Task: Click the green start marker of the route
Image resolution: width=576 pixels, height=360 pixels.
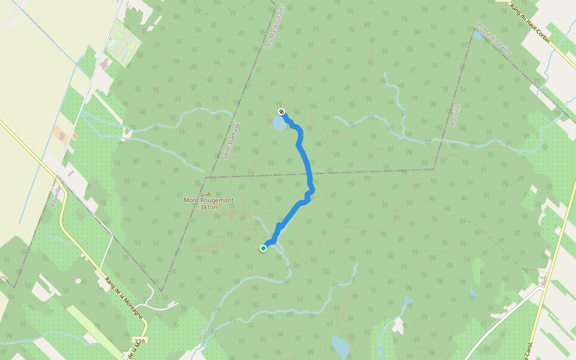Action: (263, 248)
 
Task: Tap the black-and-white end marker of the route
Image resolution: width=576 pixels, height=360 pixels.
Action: (281, 111)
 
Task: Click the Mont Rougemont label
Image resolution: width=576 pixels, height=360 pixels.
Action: (209, 200)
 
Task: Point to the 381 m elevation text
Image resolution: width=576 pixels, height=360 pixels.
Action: (209, 207)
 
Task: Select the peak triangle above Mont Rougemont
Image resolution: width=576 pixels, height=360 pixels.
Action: (209, 193)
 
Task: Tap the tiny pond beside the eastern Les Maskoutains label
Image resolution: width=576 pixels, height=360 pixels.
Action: (478, 35)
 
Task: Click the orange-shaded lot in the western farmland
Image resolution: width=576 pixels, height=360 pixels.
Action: (62, 134)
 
